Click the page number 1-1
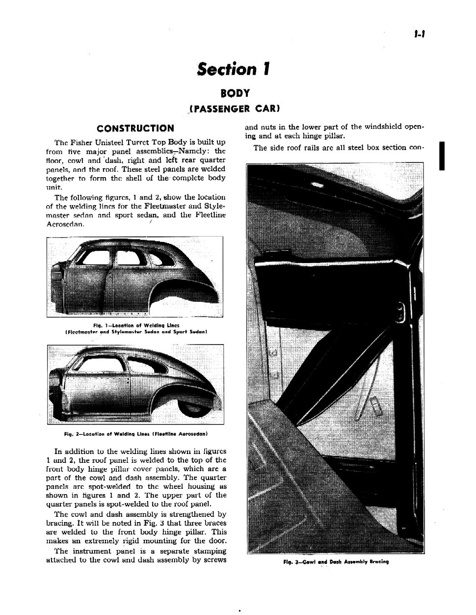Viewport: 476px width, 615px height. pyautogui.click(x=419, y=34)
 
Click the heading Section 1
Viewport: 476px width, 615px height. pyautogui.click(x=234, y=69)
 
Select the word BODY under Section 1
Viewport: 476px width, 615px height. pyautogui.click(x=236, y=93)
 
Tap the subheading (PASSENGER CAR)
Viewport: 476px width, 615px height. pyautogui.click(x=235, y=108)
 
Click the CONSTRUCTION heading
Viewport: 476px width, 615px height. pyautogui.click(x=135, y=128)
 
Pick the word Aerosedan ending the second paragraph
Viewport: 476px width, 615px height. pyautogui.click(x=65, y=224)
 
